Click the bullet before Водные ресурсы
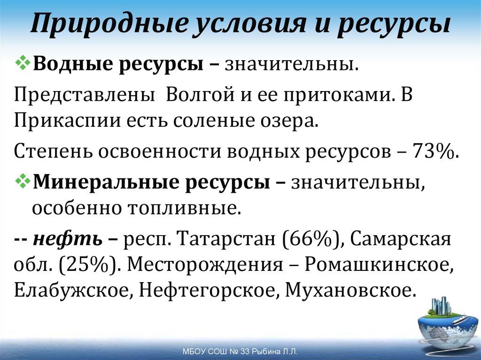pyautogui.click(x=22, y=63)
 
